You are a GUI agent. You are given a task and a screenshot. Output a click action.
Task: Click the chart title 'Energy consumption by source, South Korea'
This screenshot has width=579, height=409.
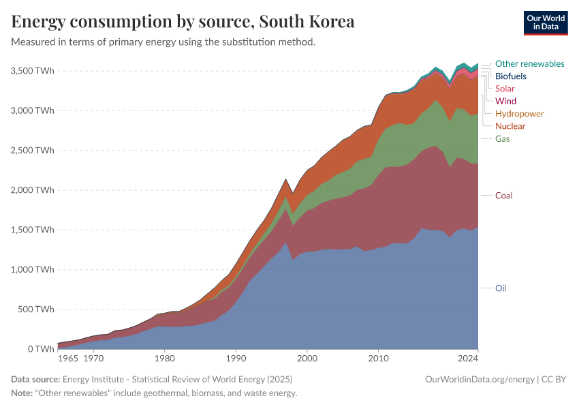tap(183, 22)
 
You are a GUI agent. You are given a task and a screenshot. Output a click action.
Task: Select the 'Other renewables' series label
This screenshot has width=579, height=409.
tap(529, 64)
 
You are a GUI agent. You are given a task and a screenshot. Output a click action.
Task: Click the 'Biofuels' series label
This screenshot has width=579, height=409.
tap(511, 76)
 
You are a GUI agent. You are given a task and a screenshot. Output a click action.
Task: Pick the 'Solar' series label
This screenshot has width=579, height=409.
tap(505, 89)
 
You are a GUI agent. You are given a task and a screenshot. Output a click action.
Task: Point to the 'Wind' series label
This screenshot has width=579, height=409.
tap(505, 101)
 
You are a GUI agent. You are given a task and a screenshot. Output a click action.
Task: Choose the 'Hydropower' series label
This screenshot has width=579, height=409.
tap(519, 114)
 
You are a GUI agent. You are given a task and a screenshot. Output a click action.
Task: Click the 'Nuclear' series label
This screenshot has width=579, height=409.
tap(510, 126)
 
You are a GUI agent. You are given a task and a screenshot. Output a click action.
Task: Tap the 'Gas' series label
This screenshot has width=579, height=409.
tap(502, 138)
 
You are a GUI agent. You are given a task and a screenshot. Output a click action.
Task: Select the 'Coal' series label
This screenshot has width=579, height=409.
tap(503, 196)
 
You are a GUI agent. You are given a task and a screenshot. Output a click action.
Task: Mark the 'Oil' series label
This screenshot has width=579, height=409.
tap(501, 288)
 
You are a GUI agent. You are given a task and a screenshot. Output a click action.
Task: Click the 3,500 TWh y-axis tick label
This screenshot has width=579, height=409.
tap(33, 71)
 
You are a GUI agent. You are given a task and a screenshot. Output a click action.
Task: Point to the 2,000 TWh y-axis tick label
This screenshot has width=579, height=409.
tap(33, 190)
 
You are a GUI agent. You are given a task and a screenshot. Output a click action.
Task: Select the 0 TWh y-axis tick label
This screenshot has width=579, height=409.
tap(40, 349)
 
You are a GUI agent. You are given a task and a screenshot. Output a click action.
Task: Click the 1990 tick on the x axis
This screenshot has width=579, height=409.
tap(236, 358)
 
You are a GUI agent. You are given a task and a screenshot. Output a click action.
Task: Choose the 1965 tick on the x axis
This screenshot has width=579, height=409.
tap(67, 358)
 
